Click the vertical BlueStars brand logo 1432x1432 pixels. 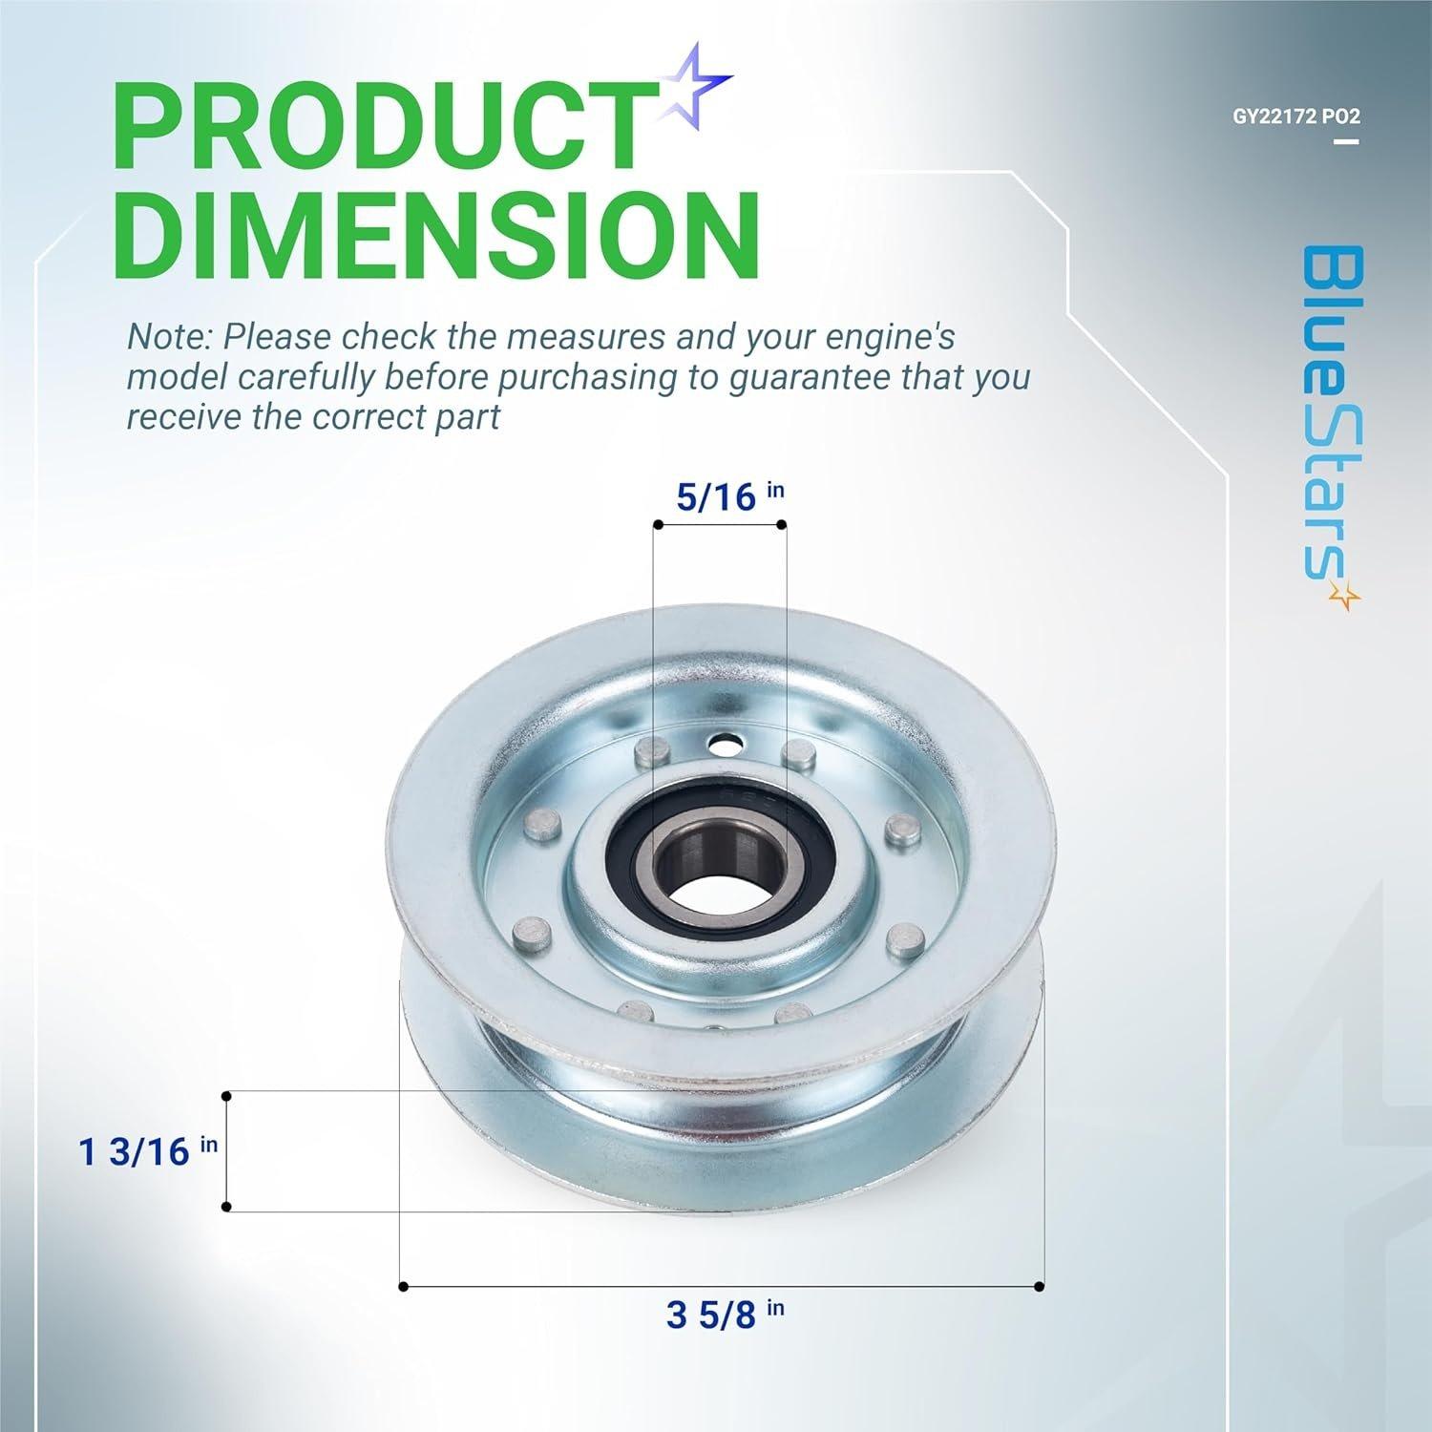point(1330,411)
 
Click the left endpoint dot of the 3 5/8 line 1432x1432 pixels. point(403,1287)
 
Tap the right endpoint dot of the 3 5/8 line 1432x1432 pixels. point(1040,1287)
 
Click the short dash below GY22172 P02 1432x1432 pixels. point(1346,141)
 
